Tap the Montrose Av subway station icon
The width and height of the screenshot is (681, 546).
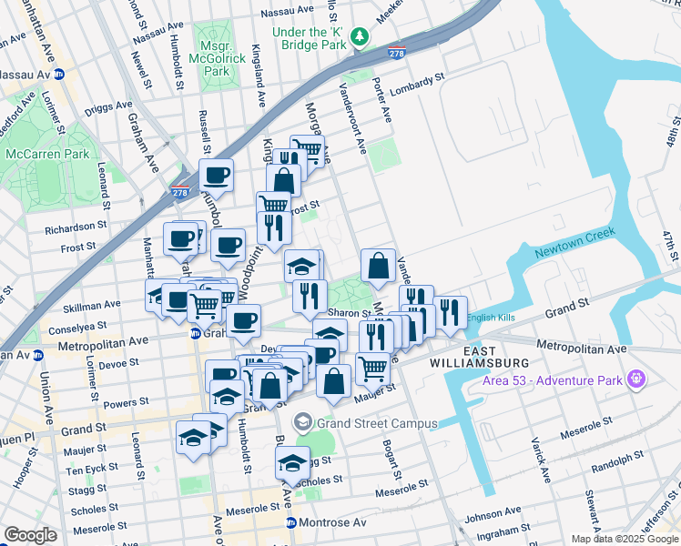click(291, 523)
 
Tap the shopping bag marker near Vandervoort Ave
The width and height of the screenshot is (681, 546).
click(378, 266)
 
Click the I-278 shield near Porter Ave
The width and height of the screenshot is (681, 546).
click(395, 53)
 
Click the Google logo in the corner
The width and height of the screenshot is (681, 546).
click(30, 534)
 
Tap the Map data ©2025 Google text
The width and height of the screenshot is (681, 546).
click(624, 539)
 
